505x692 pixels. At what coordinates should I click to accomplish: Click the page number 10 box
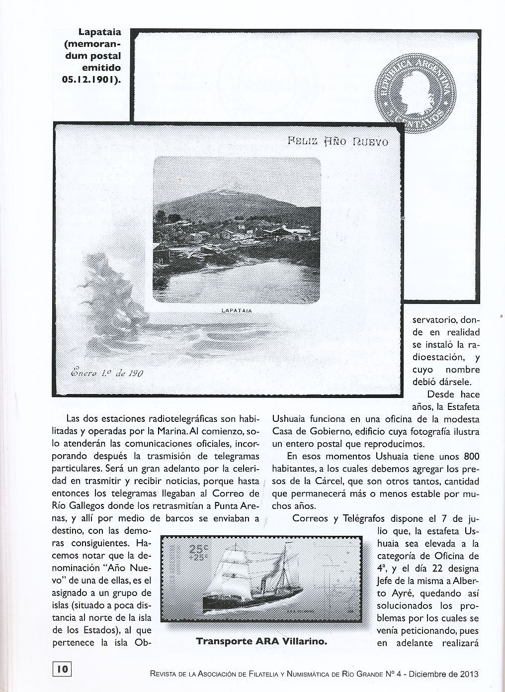coord(62,669)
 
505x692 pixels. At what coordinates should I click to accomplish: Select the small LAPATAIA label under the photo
coord(236,311)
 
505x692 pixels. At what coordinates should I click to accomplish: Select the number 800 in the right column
coord(471,456)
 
